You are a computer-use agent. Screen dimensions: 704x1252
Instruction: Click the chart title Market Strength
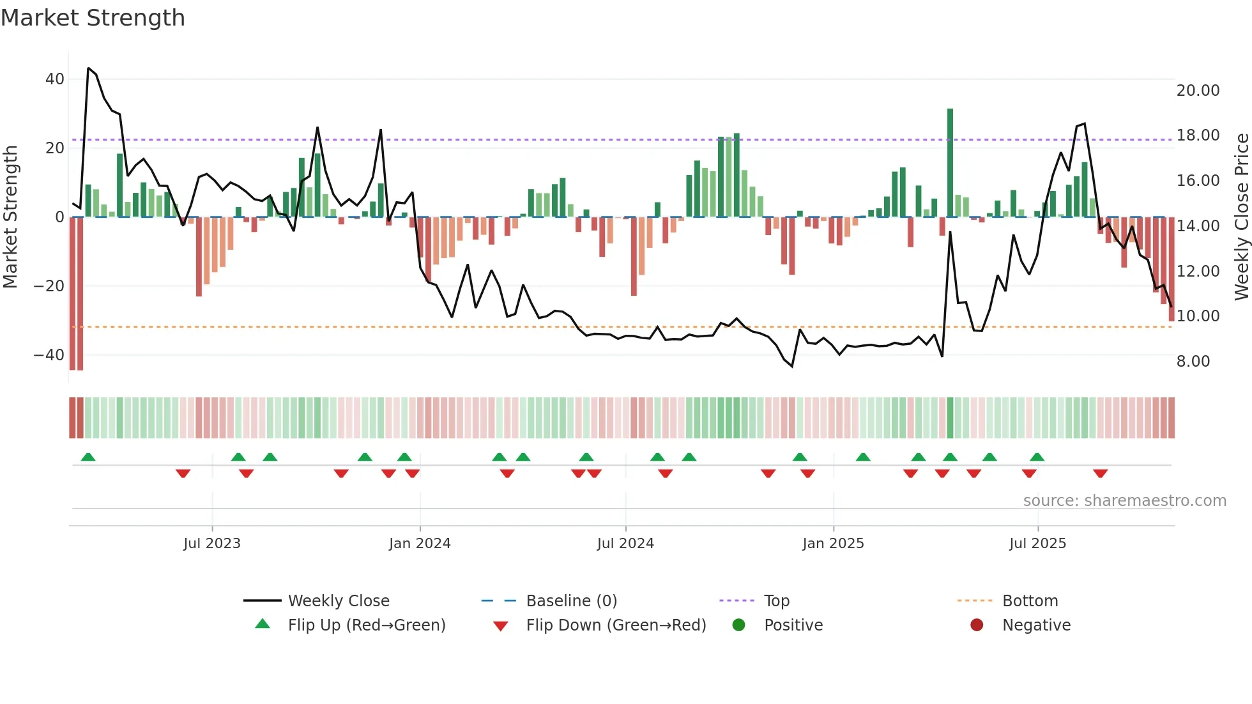tap(93, 18)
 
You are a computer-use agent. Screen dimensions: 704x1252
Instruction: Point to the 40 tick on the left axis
tap(55, 79)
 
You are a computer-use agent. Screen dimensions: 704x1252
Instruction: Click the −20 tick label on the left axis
tap(49, 286)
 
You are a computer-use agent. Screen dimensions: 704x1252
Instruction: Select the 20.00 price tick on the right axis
tap(1198, 91)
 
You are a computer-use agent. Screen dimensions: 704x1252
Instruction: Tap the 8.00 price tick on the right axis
tap(1193, 362)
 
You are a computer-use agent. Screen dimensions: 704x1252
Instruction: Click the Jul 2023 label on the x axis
tap(211, 544)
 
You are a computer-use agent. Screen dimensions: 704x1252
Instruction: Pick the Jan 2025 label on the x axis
tap(833, 544)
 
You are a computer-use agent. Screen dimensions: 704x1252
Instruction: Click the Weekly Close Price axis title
tap(1241, 217)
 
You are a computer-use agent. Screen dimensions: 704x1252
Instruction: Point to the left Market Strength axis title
tap(10, 217)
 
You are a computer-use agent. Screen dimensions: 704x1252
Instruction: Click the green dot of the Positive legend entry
tap(738, 625)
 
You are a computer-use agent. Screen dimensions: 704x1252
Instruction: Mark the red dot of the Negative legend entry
tap(977, 625)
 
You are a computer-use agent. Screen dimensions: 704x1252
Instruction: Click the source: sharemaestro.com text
tap(1124, 501)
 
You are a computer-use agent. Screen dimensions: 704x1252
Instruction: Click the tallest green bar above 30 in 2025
tap(950, 162)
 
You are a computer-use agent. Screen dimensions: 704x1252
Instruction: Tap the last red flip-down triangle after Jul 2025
tap(1100, 473)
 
